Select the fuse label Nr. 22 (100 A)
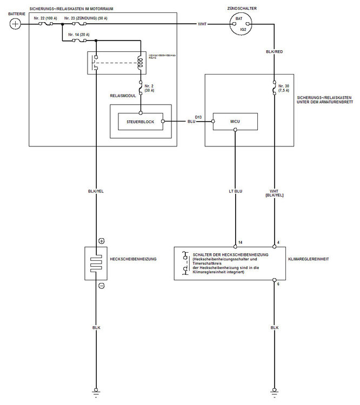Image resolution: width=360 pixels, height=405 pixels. click(x=46, y=18)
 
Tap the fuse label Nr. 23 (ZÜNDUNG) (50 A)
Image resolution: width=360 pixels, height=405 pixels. click(x=86, y=18)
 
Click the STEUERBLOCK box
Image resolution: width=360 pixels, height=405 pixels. click(x=141, y=122)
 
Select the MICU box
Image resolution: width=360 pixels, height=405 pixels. click(x=235, y=122)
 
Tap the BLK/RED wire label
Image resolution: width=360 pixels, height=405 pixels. click(x=274, y=51)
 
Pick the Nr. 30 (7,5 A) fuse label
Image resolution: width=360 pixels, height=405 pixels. click(x=284, y=89)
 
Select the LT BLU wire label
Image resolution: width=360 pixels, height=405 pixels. click(x=235, y=191)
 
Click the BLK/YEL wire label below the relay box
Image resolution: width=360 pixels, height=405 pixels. click(x=96, y=191)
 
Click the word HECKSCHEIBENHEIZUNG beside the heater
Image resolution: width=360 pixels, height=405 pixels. click(x=133, y=259)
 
